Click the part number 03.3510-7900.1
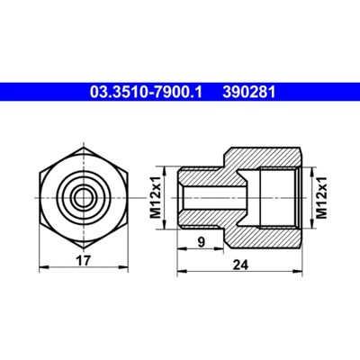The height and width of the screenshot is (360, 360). coord(147,92)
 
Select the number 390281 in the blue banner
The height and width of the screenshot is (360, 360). coord(248,92)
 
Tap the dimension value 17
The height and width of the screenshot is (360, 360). coord(83,260)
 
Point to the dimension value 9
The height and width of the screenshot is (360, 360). coord(202,242)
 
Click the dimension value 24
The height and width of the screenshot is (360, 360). coord(241,265)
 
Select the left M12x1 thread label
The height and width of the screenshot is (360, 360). coord(156,198)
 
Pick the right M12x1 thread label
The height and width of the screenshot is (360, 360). coord(321,198)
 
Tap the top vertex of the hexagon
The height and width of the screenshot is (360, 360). coord(84,148)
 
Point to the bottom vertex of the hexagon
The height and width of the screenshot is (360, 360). coord(84,247)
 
